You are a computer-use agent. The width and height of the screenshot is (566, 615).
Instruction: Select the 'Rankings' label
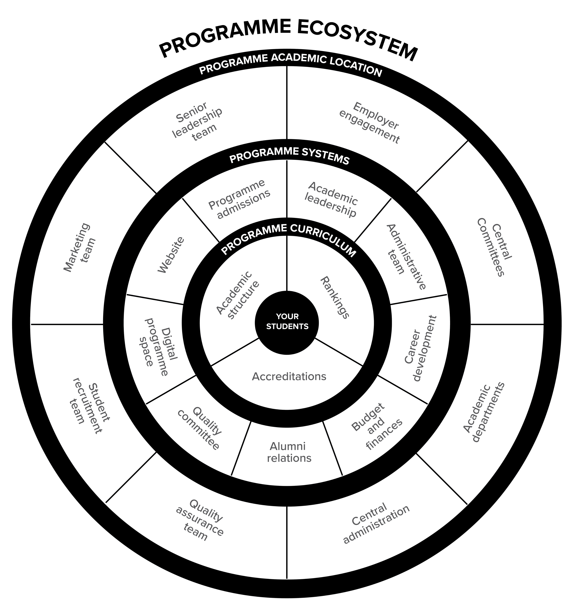(334, 298)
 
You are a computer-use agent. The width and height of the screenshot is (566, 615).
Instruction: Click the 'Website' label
(171, 255)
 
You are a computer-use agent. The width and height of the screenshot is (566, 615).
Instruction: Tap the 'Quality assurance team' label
(199, 520)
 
